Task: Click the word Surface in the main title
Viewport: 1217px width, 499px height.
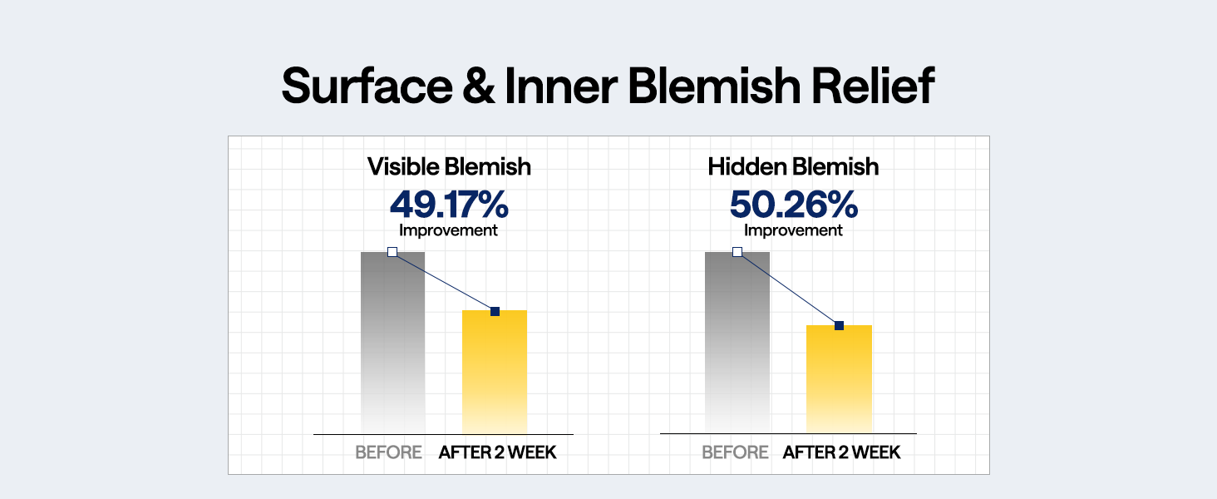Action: (x=367, y=86)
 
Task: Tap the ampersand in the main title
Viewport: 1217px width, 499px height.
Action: (x=479, y=86)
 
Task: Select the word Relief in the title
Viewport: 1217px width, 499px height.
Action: (x=873, y=86)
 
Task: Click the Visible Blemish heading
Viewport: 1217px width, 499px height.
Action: (x=449, y=167)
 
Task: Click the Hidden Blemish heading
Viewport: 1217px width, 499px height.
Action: (x=793, y=167)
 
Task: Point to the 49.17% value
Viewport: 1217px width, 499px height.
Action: (x=449, y=204)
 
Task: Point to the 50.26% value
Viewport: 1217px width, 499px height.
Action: (x=793, y=204)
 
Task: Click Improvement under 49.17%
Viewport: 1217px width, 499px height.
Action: (x=448, y=230)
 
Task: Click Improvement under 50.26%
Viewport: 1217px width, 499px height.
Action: (x=793, y=230)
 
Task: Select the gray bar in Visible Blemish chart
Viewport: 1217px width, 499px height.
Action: (x=393, y=343)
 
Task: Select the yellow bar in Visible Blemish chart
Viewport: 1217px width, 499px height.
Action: (x=495, y=372)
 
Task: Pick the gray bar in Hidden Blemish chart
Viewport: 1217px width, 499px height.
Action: (x=737, y=343)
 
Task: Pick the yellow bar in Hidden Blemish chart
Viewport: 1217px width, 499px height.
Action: (x=839, y=379)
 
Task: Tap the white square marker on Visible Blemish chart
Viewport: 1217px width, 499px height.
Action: (x=392, y=252)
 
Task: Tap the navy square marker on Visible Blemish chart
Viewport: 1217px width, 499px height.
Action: (x=495, y=312)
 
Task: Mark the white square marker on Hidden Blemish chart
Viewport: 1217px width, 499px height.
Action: (x=737, y=252)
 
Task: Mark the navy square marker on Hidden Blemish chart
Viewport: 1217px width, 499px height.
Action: (x=840, y=326)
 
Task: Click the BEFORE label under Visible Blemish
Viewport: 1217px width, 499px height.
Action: (x=388, y=452)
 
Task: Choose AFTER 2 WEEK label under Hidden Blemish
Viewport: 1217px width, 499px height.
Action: (x=841, y=452)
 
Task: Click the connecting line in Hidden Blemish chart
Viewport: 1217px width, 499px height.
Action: (x=788, y=289)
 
